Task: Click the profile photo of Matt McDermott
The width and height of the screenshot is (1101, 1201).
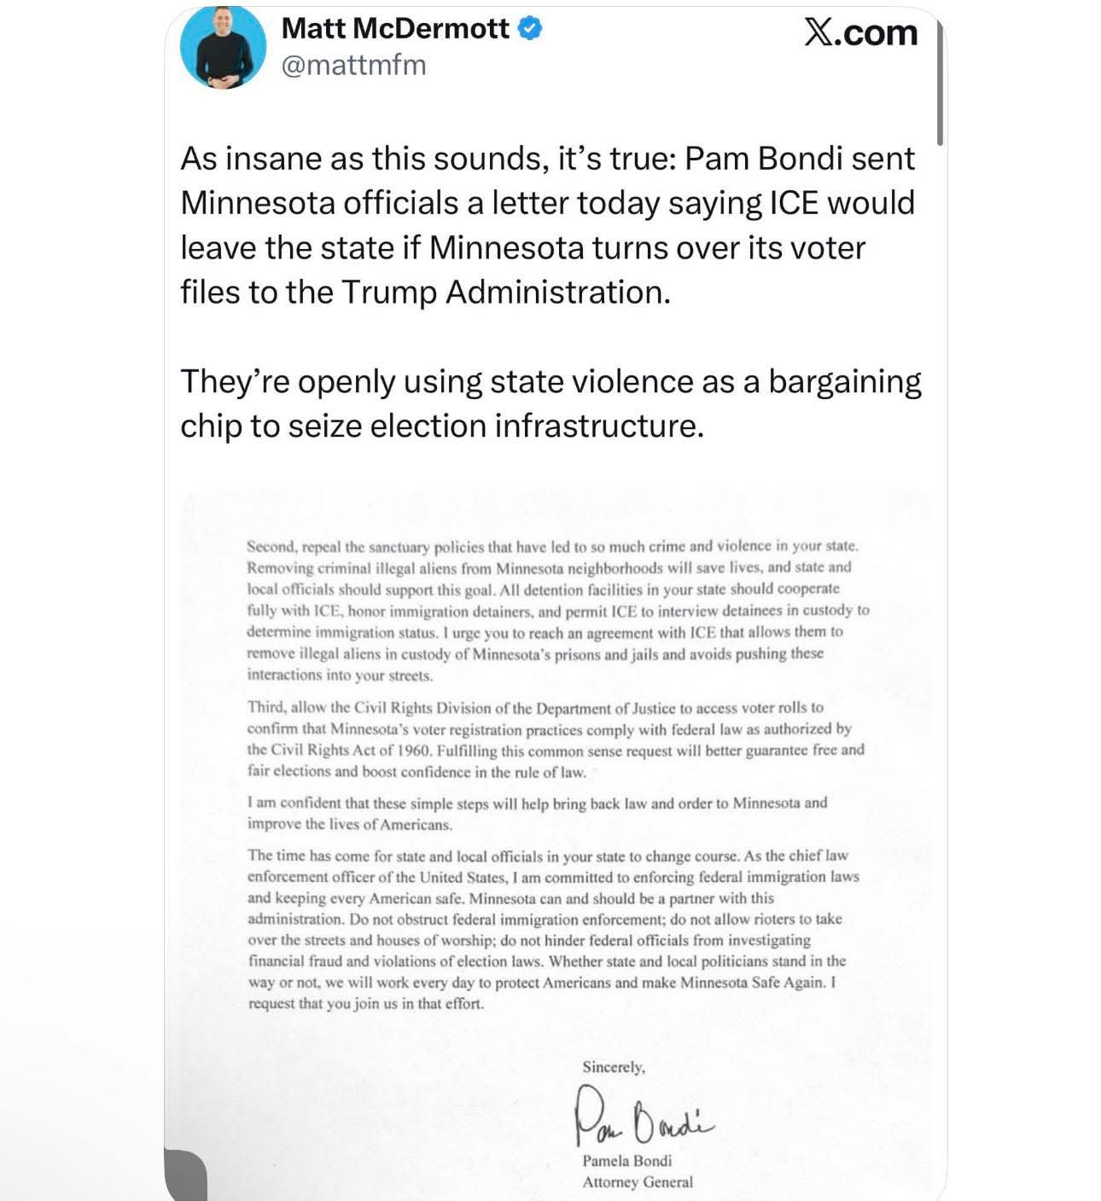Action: coord(224,47)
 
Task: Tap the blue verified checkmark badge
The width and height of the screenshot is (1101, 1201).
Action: coord(530,28)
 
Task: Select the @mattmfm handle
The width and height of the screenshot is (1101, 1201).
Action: coord(353,65)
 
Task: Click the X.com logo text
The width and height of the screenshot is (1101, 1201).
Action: coord(860,32)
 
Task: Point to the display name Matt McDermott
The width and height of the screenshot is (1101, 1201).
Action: coord(395,28)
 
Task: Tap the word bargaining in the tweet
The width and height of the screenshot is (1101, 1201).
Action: coord(844,381)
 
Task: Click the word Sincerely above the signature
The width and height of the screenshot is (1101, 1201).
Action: coord(614,1067)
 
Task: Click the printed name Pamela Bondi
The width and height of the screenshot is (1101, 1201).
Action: coord(626,1161)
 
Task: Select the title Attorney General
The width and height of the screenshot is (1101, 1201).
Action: coord(638,1182)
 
